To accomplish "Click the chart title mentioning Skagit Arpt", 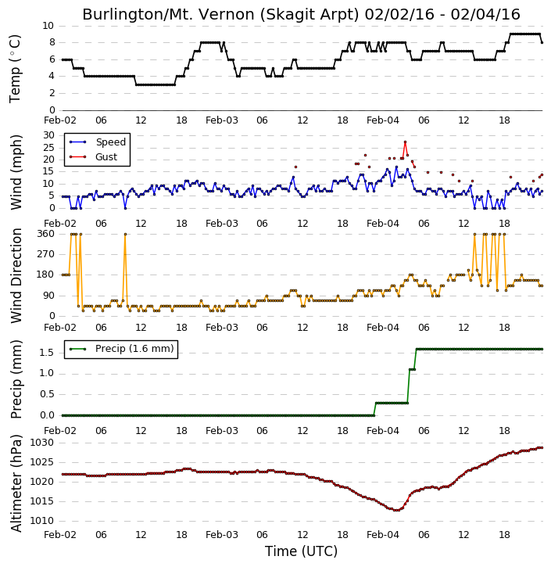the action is point(301,14).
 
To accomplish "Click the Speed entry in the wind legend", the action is point(98,142).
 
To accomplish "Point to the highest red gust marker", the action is point(405,142).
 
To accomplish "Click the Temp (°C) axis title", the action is point(15,69).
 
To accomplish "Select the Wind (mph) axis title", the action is point(16,172).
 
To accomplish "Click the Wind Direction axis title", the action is point(16,275).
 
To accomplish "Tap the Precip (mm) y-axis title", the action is point(16,379).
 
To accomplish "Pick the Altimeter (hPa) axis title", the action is point(16,483).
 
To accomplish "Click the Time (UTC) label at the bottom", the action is point(301,551).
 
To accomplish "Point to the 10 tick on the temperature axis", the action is point(48,26).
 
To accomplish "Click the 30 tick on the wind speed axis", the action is point(48,135).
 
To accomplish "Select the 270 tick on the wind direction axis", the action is point(46,254).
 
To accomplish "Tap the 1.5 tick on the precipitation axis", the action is point(47,353).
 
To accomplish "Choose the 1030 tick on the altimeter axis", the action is point(41,443).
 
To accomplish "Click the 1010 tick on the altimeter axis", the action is point(41,521).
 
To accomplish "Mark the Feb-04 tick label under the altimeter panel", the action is point(383,534).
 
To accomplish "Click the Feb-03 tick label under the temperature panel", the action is point(222,120).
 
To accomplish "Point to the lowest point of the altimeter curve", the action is point(396,510).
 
